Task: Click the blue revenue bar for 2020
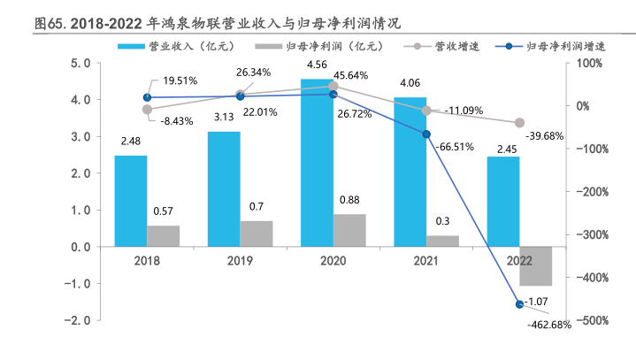[317, 163]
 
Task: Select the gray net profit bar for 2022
[535, 265]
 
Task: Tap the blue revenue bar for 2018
[131, 201]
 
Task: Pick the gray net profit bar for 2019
[256, 234]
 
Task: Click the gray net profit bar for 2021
[442, 241]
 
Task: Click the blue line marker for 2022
[519, 304]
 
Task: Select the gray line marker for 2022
[519, 123]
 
